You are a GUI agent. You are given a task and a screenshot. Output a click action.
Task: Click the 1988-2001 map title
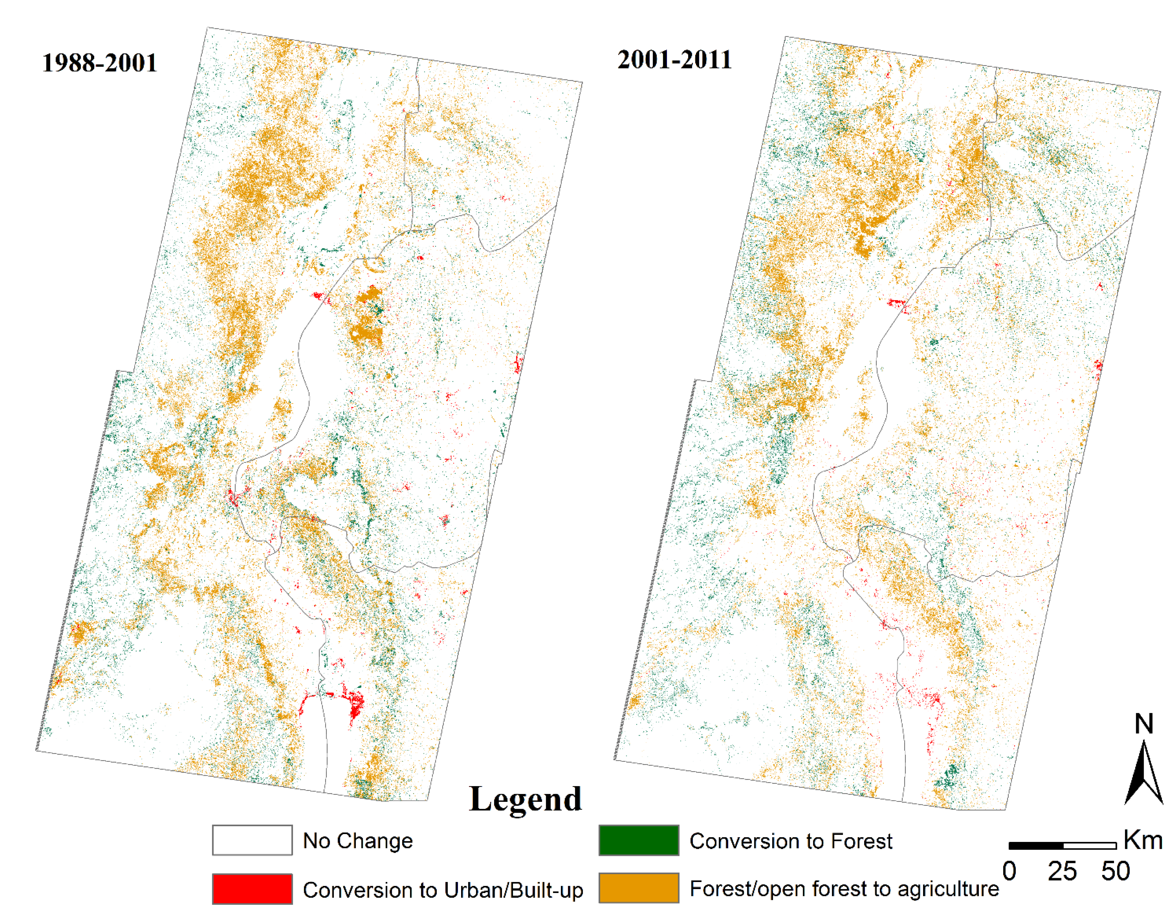(x=100, y=63)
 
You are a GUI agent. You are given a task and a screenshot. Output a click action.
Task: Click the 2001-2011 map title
(x=675, y=60)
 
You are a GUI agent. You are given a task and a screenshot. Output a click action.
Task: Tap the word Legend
(x=525, y=799)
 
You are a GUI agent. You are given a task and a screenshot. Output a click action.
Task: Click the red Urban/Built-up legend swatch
(x=252, y=889)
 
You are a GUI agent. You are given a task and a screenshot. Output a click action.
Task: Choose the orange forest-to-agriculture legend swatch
(x=639, y=888)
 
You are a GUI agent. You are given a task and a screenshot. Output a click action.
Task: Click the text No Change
(x=358, y=841)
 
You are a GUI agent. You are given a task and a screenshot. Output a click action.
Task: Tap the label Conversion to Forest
(x=791, y=841)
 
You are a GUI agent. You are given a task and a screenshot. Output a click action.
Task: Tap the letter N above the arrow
(x=1144, y=724)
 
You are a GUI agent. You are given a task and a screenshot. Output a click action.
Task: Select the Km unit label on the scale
(x=1143, y=840)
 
